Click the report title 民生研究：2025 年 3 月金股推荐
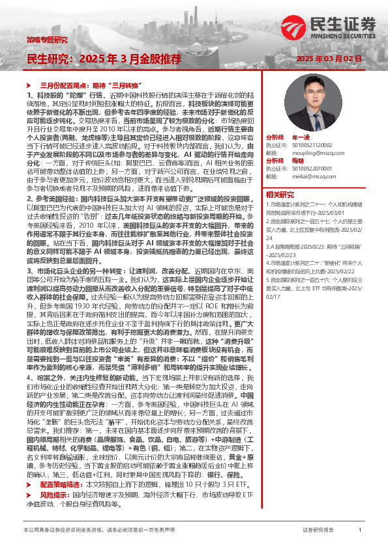[x=104, y=59]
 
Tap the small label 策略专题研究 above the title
[x=46, y=40]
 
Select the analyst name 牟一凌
[x=299, y=138]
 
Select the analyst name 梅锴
[x=297, y=160]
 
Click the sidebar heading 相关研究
[x=281, y=194]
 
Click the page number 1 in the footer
[x=360, y=531]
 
